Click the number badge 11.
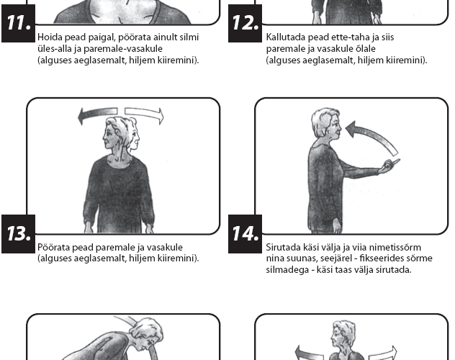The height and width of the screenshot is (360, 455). pos(18,23)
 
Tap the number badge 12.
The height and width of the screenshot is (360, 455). pos(245,23)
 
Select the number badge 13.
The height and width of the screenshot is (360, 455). pos(18,234)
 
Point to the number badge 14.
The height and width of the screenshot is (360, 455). pos(245,234)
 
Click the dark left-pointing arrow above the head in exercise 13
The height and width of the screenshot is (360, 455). pos(97,114)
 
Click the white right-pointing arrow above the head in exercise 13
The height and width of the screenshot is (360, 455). pos(144,114)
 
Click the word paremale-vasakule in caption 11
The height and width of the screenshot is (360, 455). pos(123,49)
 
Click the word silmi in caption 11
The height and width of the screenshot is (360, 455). pos(189,37)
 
